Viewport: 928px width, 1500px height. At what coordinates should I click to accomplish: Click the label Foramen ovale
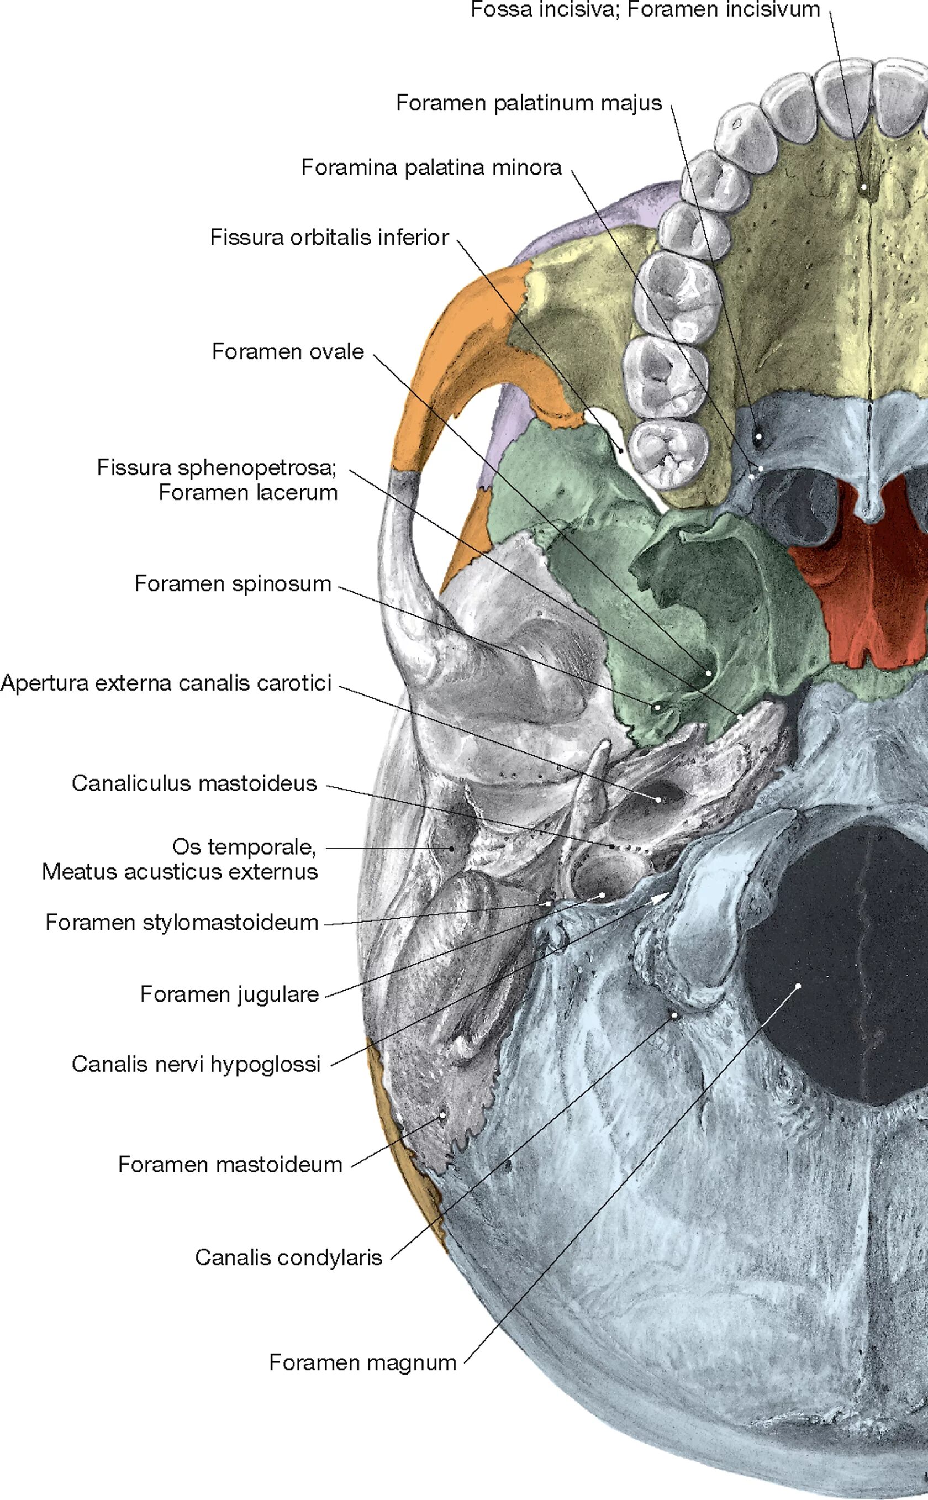click(288, 352)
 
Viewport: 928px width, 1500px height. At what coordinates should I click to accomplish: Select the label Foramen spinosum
click(233, 583)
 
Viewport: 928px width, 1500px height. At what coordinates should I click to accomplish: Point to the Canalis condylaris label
click(288, 1257)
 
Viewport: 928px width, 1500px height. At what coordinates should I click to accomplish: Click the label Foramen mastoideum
click(230, 1164)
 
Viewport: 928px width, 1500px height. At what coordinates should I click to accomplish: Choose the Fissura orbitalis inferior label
click(330, 238)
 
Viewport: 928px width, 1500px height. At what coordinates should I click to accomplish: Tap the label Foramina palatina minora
click(431, 167)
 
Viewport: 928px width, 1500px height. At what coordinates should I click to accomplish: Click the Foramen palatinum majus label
click(529, 103)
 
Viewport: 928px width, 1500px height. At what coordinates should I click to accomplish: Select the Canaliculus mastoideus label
click(194, 783)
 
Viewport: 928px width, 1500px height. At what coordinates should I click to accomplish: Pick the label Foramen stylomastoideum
click(182, 923)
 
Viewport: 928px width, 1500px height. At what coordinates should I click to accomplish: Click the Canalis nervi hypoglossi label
click(196, 1064)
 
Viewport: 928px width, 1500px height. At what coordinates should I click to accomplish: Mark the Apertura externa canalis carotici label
click(166, 682)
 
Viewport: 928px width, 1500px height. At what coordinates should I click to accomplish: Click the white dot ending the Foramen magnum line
click(799, 986)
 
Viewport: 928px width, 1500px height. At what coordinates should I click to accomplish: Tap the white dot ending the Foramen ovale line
click(709, 673)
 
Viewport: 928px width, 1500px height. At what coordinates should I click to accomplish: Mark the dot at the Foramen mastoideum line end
click(441, 1117)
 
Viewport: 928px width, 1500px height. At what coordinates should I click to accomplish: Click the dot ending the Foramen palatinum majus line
click(759, 436)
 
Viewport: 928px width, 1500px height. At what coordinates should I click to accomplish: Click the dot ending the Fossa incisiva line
click(863, 186)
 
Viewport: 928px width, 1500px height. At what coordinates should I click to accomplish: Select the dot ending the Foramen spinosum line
click(657, 707)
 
